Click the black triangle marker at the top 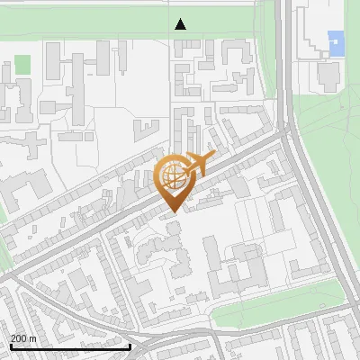181,24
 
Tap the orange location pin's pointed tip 172,211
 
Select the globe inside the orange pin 171,176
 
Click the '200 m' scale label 23,337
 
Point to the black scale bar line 70,346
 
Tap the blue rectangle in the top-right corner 336,42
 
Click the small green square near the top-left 22,65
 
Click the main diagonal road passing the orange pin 108,225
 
